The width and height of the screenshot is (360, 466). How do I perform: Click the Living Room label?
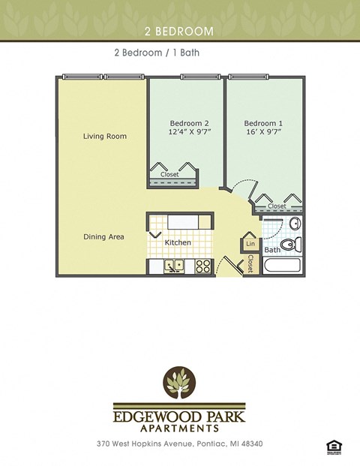click(x=104, y=137)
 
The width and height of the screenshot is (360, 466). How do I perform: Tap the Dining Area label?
click(x=103, y=237)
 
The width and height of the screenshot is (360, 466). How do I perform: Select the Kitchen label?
click(x=178, y=243)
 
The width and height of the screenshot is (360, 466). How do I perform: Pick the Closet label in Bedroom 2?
click(x=169, y=175)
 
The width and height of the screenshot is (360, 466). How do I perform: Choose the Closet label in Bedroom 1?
click(x=277, y=206)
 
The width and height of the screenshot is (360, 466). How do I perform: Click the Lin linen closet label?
click(x=250, y=245)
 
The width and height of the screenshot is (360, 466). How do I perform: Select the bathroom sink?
click(x=295, y=224)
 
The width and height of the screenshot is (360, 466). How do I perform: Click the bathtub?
click(x=282, y=266)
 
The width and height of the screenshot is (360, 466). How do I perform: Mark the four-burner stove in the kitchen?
click(x=203, y=266)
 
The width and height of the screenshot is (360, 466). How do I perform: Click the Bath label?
click(x=272, y=250)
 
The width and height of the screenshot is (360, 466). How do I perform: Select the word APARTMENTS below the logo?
click(x=180, y=428)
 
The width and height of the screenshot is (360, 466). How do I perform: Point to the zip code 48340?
click(x=251, y=444)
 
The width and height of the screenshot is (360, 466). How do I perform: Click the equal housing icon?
click(x=331, y=446)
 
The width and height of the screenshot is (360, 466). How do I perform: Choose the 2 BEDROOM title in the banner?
click(x=180, y=32)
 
